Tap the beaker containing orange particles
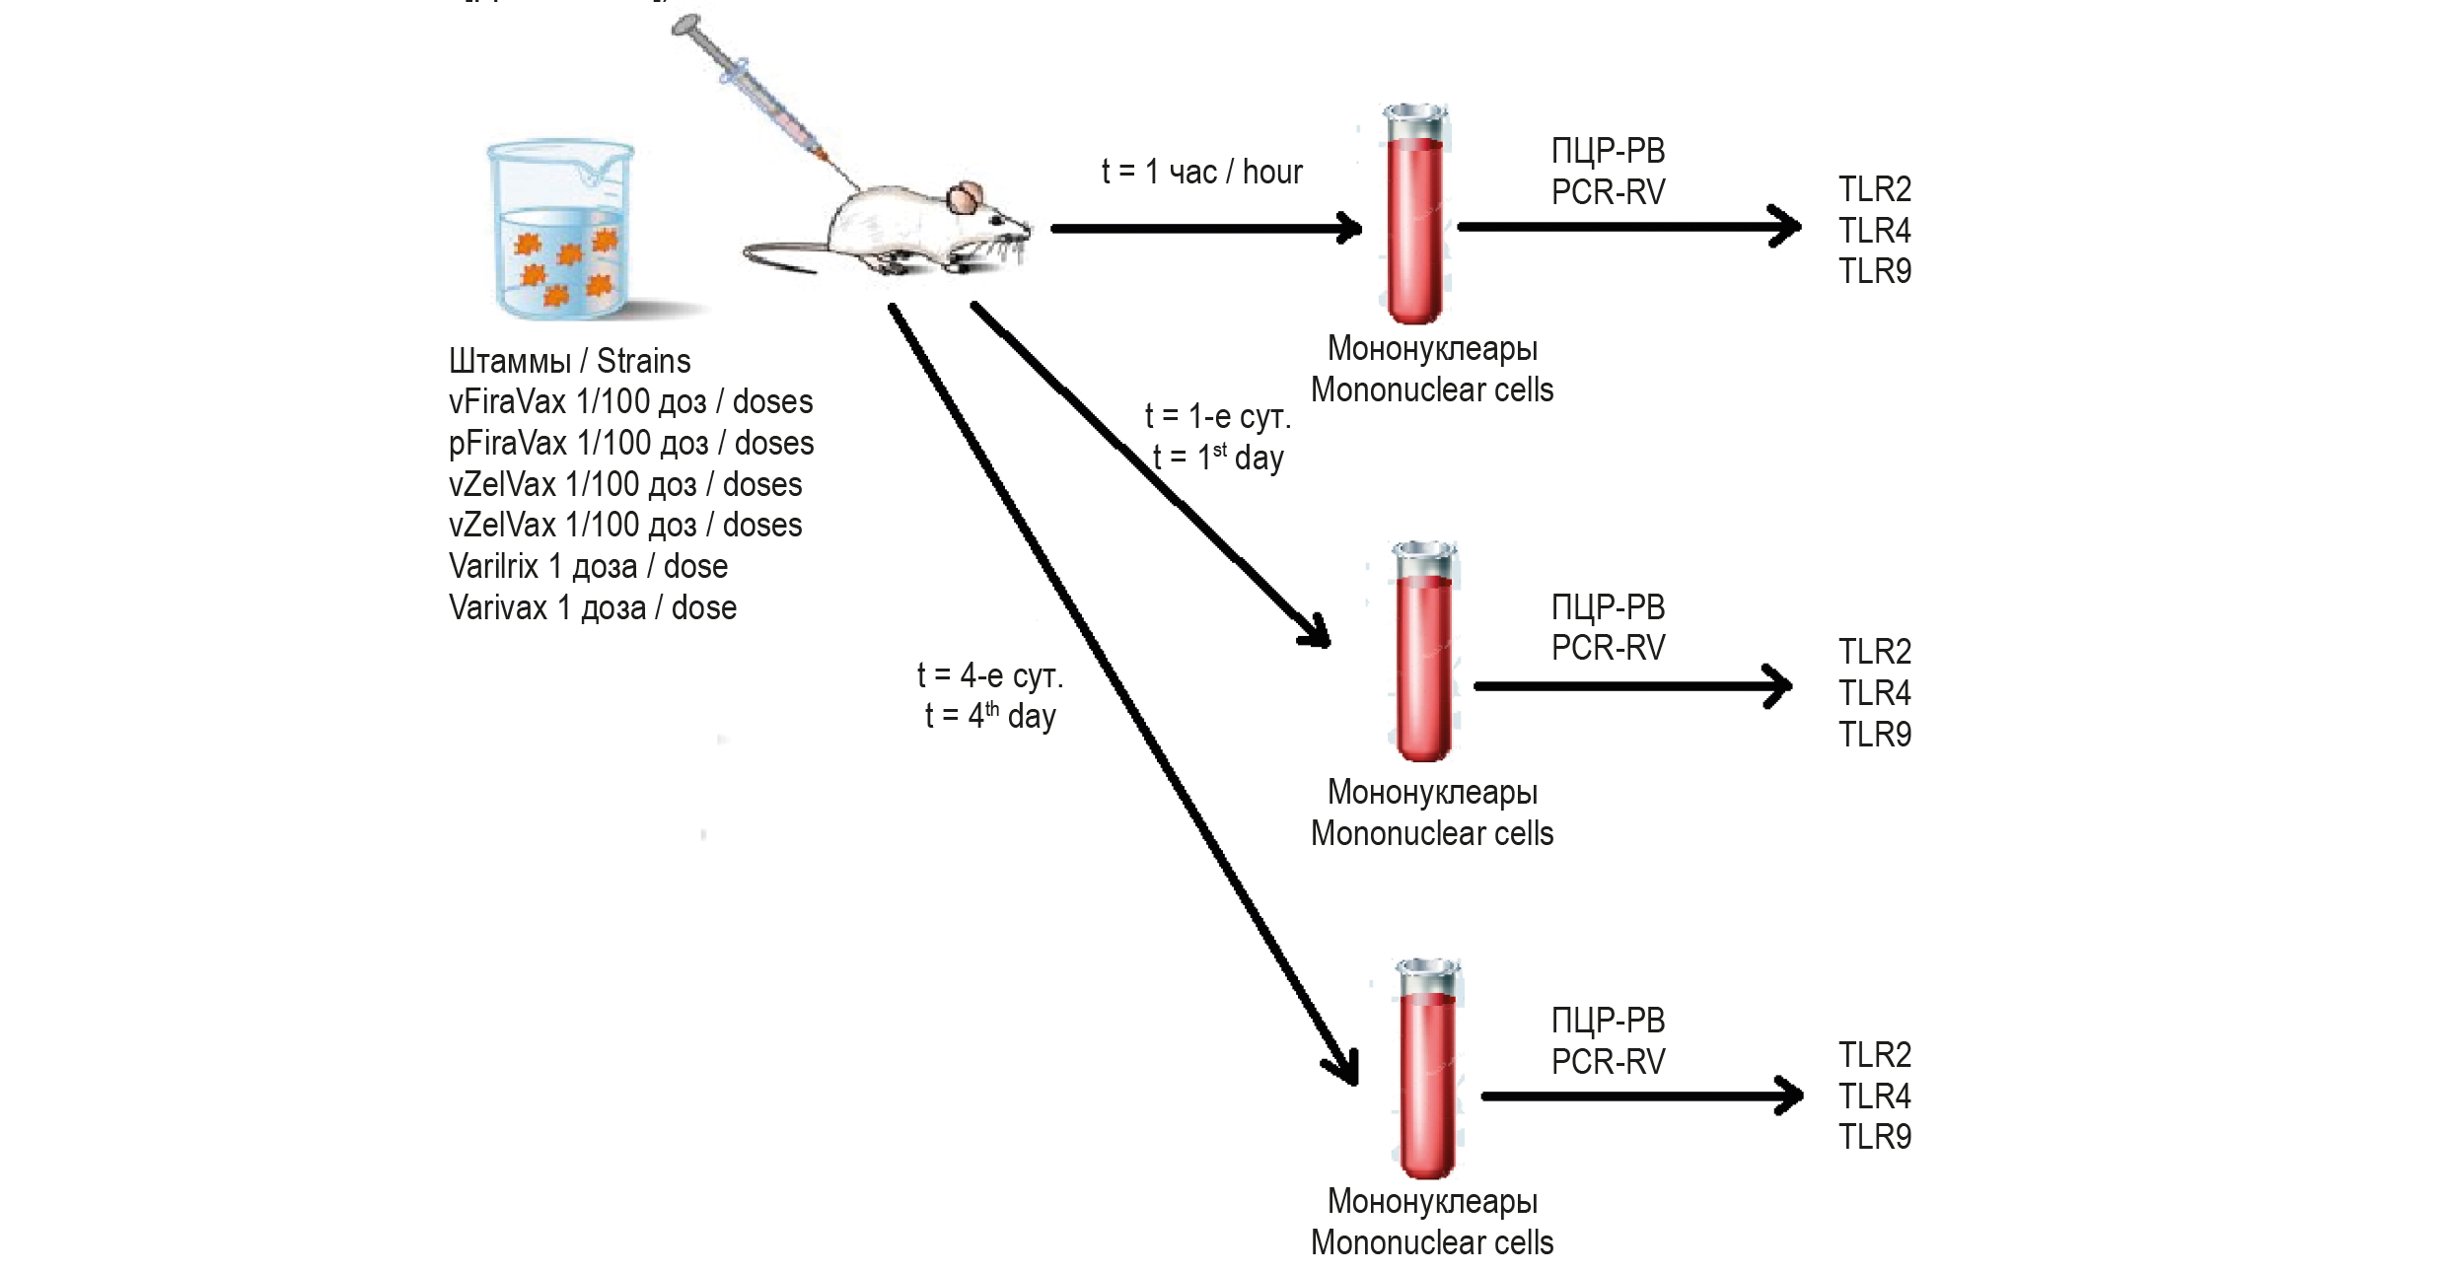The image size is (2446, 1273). tap(560, 231)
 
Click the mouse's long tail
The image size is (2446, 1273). tap(779, 258)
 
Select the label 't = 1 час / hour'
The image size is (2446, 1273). tap(1201, 173)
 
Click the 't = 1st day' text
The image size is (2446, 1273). tap(1218, 459)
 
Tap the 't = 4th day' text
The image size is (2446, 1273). tap(990, 716)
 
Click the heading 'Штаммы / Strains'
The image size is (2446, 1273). tap(569, 361)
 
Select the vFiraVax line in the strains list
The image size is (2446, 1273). tap(630, 402)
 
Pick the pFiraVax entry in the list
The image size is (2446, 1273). tap(631, 444)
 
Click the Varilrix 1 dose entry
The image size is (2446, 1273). tap(588, 567)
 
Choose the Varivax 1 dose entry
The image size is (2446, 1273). tap(593, 608)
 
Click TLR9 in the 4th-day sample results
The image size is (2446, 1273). tap(1874, 1137)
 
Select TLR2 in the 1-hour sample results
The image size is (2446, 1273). tap(1874, 189)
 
